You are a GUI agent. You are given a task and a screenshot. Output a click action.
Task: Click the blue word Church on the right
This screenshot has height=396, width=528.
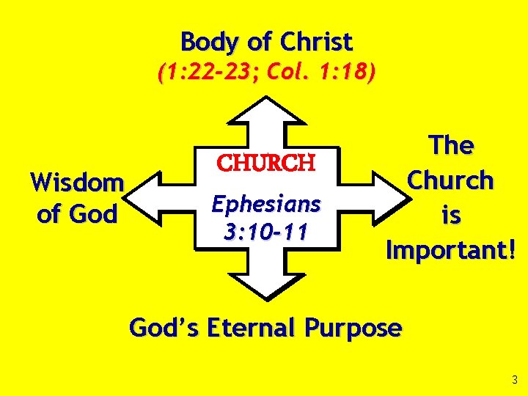pyautogui.click(x=451, y=180)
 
